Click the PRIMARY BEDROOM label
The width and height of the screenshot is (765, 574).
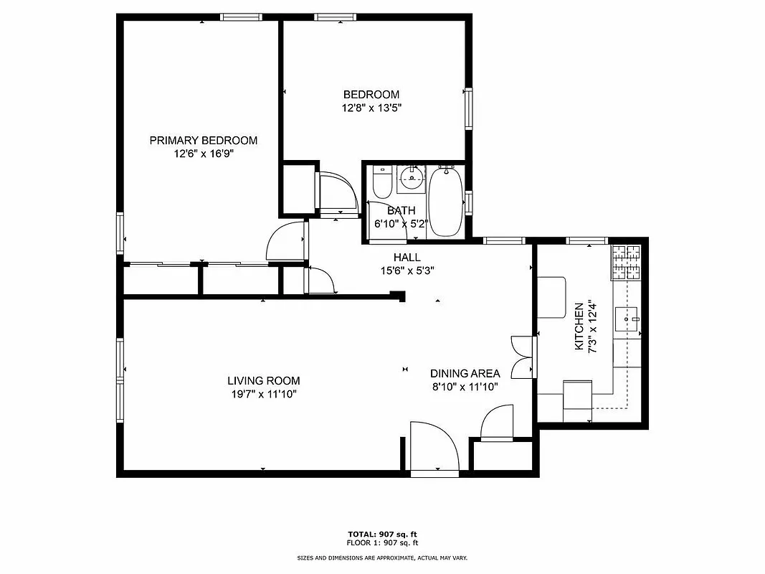point(203,141)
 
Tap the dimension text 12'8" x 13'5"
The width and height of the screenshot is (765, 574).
point(371,108)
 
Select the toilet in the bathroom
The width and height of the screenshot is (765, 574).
point(381,184)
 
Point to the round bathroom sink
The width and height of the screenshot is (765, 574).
point(411,177)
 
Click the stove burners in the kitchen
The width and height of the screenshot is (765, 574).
point(624,263)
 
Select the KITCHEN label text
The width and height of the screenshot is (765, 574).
point(579,326)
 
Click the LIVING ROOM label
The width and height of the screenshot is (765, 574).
point(263,381)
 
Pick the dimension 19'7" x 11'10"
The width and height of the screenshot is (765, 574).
point(263,394)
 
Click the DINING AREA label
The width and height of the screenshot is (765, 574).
point(464,374)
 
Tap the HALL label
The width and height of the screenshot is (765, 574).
point(407,258)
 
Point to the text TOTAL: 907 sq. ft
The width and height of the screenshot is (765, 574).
point(382,535)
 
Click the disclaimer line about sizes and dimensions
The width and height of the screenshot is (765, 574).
point(382,557)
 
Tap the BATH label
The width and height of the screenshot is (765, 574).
point(401,211)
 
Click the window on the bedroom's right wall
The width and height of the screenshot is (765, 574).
point(468,108)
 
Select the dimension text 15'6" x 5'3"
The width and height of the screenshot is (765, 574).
point(407,270)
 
